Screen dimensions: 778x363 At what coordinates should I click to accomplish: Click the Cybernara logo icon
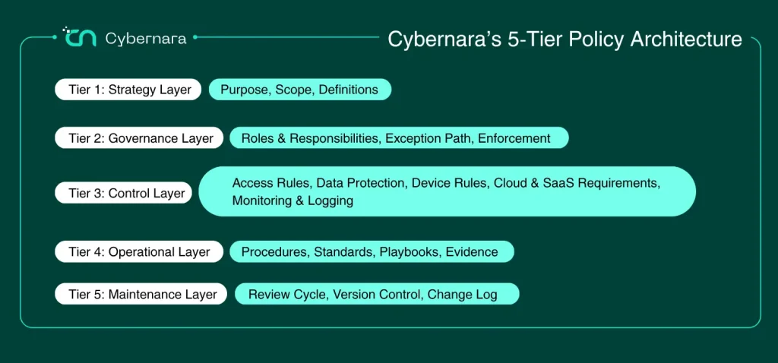79,37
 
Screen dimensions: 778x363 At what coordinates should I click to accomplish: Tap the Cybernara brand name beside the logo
146,39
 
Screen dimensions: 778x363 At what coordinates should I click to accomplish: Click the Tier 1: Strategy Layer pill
128,90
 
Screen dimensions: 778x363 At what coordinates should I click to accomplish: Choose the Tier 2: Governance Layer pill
140,138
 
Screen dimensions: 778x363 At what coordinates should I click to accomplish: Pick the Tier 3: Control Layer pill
124,193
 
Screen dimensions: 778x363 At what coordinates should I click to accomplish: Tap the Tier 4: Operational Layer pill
140,251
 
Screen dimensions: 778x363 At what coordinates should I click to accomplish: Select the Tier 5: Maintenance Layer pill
141,294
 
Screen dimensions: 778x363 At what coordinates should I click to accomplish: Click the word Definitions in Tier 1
348,90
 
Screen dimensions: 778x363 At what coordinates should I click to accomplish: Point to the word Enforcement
514,138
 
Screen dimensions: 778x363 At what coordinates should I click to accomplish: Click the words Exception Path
428,138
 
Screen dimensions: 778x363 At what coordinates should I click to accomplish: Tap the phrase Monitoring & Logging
293,200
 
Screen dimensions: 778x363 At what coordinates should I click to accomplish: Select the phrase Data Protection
360,182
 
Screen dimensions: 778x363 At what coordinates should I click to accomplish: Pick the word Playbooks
410,251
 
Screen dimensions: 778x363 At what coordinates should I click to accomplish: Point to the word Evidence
472,251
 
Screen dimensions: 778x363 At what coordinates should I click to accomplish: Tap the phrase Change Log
462,295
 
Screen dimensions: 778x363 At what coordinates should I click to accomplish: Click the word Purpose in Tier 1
245,90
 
